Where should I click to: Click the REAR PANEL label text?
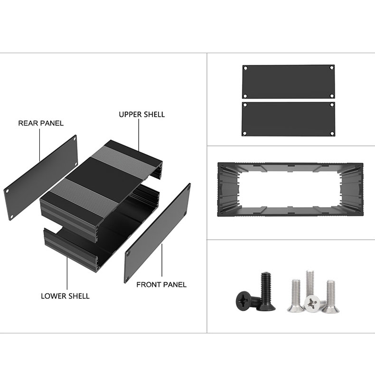pos(41,123)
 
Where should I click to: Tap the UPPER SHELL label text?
pos(142,114)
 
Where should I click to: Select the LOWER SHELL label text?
pos(65,296)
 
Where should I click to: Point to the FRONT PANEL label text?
pos(161,285)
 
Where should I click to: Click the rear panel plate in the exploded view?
pos(40,178)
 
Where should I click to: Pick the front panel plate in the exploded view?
pos(158,233)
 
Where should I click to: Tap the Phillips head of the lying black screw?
pos(244,300)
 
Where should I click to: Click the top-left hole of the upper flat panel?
pos(245,68)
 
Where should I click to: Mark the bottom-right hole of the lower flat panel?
pos(332,133)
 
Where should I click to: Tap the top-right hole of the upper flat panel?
pos(332,68)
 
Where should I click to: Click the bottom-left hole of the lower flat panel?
pos(244,133)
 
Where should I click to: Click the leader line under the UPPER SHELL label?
pos(139,135)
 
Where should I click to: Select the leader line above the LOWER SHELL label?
pos(67,273)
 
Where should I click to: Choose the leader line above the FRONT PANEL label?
pos(162,260)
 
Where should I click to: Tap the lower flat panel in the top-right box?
pos(288,119)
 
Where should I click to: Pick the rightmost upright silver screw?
pos(331,296)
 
